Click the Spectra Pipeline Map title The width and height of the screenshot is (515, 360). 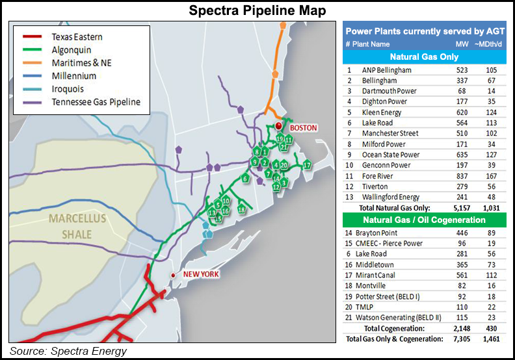pyautogui.click(x=257, y=10)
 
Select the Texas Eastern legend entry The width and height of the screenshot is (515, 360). pyautogui.click(x=76, y=37)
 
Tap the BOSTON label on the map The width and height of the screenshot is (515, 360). pyautogui.click(x=303, y=128)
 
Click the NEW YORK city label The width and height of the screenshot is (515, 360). pyautogui.click(x=201, y=274)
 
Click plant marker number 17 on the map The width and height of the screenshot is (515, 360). pyautogui.click(x=307, y=165)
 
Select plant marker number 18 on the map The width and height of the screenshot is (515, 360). pyautogui.click(x=241, y=209)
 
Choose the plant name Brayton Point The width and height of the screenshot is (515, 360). pyautogui.click(x=379, y=233)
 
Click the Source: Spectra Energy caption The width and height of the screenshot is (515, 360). pyautogui.click(x=68, y=352)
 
